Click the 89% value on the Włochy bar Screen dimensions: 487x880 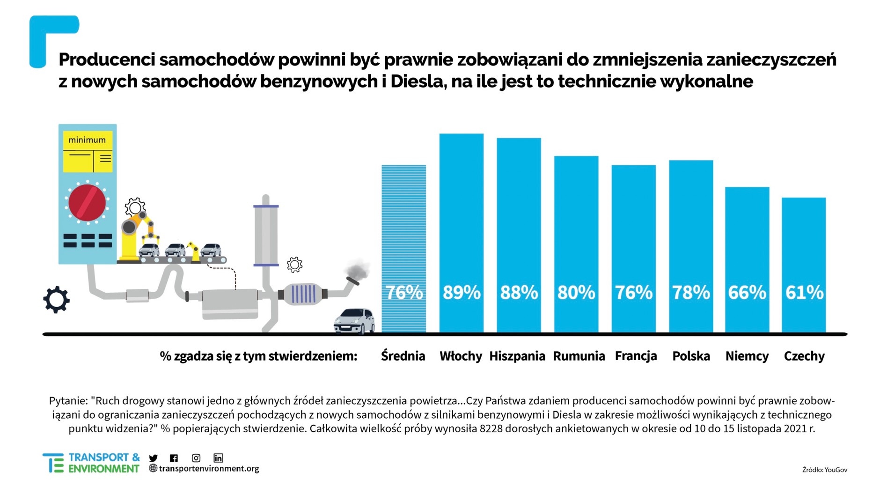click(462, 292)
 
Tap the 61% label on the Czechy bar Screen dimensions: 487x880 click(804, 292)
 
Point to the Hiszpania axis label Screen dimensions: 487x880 click(517, 356)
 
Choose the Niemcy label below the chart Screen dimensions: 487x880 click(747, 356)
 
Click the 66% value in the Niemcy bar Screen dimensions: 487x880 click(747, 292)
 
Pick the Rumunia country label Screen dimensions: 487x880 click(579, 356)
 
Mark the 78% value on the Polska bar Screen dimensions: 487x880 click(691, 292)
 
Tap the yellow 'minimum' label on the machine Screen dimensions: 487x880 click(87, 140)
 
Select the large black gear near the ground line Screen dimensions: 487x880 click(57, 300)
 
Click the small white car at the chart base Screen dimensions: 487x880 click(354, 321)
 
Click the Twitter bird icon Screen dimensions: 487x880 click(153, 458)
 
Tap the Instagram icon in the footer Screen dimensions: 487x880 click(196, 458)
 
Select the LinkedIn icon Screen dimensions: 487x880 click(218, 458)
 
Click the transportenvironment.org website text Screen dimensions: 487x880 click(209, 468)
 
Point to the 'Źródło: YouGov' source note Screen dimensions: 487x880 click(824, 469)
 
